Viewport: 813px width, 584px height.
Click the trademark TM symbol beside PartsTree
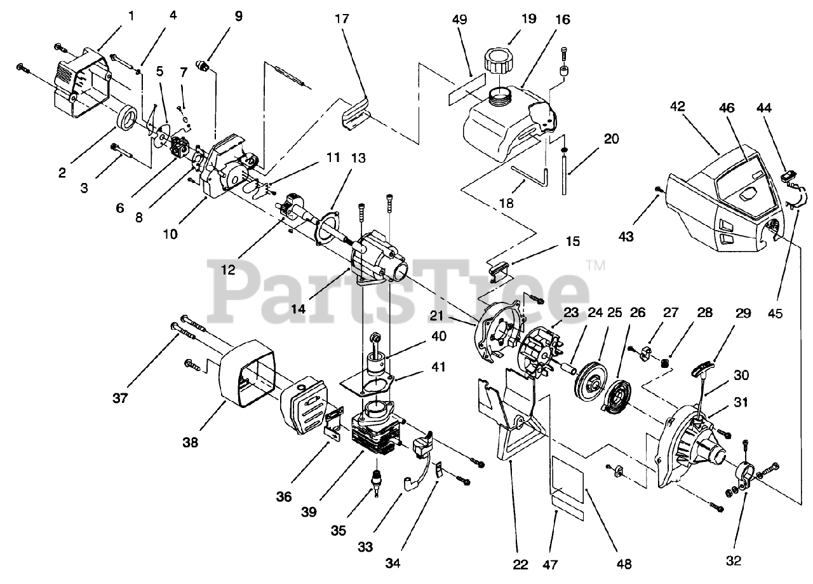(595, 266)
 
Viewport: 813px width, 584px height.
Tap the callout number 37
(121, 398)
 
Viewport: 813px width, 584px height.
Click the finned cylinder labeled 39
(375, 432)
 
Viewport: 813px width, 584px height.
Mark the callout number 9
(238, 16)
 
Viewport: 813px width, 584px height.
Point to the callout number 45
(774, 313)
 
